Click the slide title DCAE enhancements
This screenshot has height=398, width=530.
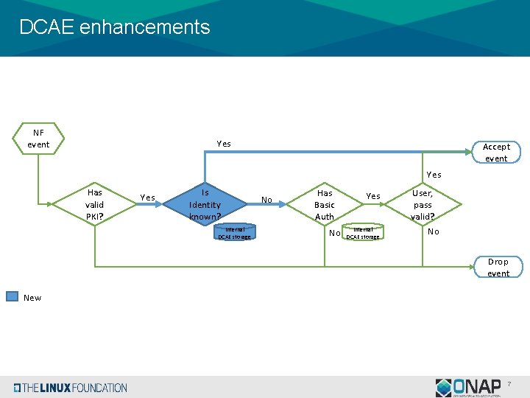point(114,27)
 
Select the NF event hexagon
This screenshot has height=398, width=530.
point(38,139)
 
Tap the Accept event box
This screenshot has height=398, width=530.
point(495,153)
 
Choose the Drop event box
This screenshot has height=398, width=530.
point(498,268)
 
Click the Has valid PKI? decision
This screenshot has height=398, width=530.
point(94,204)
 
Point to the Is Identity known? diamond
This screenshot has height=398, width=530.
point(205,204)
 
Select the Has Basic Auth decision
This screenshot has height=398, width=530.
point(324,204)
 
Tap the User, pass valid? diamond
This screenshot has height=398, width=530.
point(423,204)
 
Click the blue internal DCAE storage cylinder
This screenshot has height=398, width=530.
point(234,233)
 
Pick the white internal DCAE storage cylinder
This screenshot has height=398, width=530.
point(363,233)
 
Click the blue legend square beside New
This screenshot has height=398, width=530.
point(13,297)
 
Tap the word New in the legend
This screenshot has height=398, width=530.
point(32,298)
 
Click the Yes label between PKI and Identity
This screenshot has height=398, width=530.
point(147,198)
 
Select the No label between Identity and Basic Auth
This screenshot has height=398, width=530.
point(266,200)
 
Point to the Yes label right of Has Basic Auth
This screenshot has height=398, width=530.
point(373,196)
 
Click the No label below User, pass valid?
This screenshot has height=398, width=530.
point(434,231)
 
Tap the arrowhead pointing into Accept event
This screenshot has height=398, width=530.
point(473,153)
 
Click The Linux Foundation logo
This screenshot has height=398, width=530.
point(70,388)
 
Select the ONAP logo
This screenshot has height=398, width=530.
point(468,388)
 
